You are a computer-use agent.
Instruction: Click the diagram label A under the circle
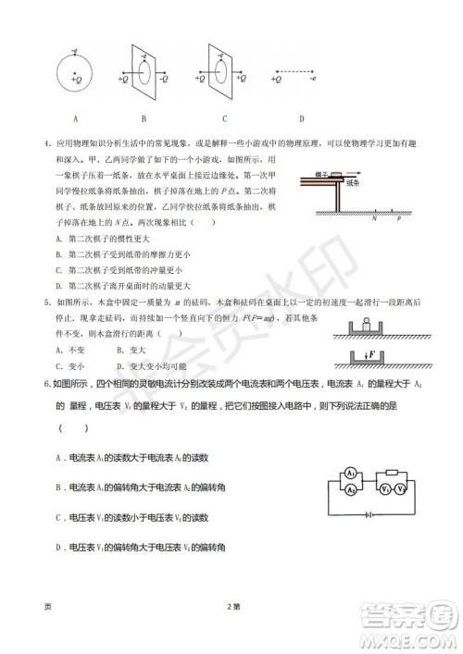tap(75, 118)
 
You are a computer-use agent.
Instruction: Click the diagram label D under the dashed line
tap(302, 118)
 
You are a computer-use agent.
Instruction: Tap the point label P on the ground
tap(399, 220)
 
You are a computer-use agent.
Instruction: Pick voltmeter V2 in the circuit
tap(402, 486)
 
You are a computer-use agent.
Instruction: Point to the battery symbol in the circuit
tap(369, 514)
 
